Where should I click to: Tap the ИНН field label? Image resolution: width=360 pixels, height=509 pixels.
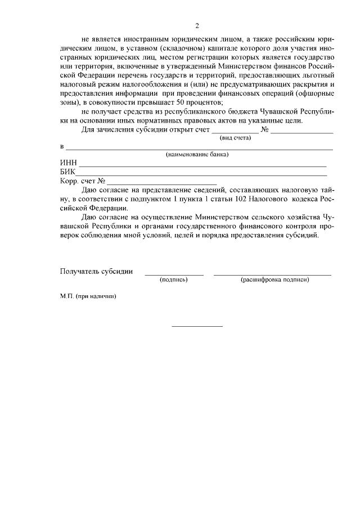(x=68, y=164)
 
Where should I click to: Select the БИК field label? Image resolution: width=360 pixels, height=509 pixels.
(x=67, y=173)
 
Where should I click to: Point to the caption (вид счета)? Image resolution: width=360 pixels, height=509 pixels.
(x=235, y=138)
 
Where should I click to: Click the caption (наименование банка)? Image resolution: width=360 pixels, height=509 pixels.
(x=196, y=155)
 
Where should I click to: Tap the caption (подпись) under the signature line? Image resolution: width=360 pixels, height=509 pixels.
(x=174, y=280)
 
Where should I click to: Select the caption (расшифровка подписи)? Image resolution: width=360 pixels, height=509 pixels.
(x=274, y=280)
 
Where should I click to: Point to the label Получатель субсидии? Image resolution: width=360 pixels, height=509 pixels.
(x=96, y=271)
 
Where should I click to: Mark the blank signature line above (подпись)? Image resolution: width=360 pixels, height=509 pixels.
(x=174, y=274)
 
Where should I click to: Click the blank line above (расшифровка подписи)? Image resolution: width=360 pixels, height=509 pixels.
(x=272, y=274)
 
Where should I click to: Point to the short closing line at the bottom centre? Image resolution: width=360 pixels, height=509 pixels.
(x=197, y=326)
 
